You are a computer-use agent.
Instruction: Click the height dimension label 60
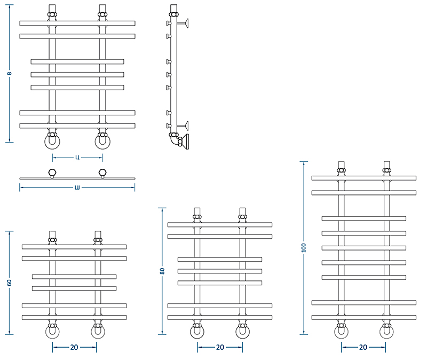coord(10,283)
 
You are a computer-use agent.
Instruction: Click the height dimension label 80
coord(162,271)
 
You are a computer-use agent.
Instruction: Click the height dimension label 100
coord(304,248)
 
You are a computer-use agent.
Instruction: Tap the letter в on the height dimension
coord(9,73)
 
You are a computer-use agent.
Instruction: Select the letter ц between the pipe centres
coord(77,158)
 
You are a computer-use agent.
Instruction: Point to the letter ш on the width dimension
coord(77,187)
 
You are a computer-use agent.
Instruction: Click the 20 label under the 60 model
coord(74,347)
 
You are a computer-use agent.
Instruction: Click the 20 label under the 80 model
coord(220,347)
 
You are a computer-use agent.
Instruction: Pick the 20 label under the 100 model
coord(363,347)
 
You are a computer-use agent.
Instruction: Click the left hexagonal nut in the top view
coord(52,173)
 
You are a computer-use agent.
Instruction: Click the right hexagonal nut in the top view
coord(102,173)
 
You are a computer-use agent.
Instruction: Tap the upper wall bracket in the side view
coord(183,24)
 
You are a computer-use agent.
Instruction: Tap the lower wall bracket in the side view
coord(183,126)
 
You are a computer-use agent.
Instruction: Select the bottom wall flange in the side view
coord(186,142)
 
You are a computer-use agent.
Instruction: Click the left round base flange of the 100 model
coord(341,332)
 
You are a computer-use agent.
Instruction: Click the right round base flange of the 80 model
coord(243,332)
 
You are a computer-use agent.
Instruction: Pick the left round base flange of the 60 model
coord(52,332)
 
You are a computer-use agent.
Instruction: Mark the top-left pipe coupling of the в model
coord(52,14)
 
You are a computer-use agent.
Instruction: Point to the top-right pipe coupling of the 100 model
coord(386,170)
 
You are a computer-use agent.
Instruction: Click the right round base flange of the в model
coord(102,142)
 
